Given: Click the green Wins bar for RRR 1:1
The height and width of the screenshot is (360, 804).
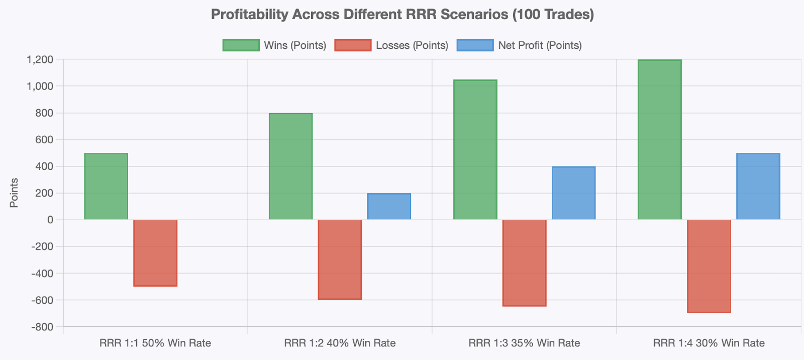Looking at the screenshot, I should [x=106, y=187].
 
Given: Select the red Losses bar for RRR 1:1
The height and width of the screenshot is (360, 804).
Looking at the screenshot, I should [x=155, y=253].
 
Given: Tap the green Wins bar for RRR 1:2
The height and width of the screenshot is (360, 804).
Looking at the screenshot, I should [x=290, y=166].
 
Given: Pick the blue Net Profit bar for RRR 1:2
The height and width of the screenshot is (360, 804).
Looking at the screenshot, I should [x=389, y=207].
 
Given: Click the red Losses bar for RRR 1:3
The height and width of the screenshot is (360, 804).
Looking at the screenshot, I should [x=524, y=263].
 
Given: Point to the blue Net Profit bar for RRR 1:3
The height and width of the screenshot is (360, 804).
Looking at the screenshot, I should [x=573, y=193].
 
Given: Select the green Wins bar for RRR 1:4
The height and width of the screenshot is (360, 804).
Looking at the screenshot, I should [x=659, y=140].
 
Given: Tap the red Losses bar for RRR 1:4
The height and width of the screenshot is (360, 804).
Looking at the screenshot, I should [x=709, y=266].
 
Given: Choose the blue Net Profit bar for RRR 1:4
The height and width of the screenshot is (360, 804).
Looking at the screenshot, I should [x=758, y=187].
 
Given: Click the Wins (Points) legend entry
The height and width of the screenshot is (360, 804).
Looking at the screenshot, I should [x=275, y=45].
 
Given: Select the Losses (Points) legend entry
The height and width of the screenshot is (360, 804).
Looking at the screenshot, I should [x=392, y=45].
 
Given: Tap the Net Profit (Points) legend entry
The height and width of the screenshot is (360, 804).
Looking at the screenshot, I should [x=520, y=45].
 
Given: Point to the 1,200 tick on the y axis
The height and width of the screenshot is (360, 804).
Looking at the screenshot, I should [x=40, y=60].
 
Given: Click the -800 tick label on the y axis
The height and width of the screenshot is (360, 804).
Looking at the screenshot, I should [x=42, y=327].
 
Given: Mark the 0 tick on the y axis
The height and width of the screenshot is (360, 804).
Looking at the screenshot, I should [x=50, y=220].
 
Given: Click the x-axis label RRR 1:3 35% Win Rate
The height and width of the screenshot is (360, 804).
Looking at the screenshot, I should [x=524, y=343].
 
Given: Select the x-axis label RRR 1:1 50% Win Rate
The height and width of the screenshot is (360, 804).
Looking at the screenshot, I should [x=155, y=343].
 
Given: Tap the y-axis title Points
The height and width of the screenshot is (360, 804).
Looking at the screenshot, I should [x=14, y=193].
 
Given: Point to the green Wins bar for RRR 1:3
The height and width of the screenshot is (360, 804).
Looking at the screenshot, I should [x=475, y=150].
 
